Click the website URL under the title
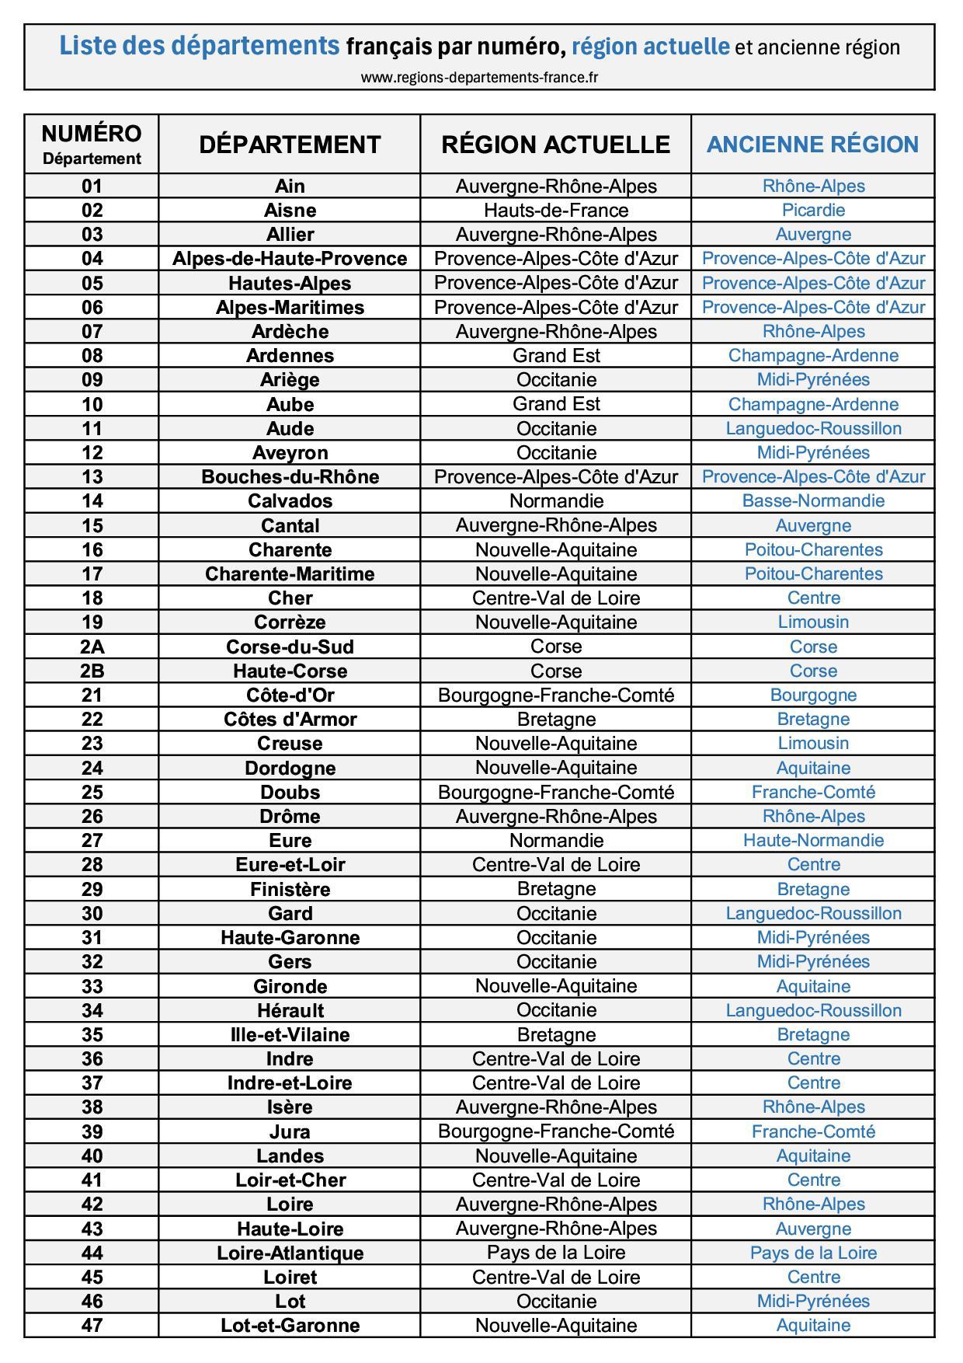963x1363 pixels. click(x=479, y=77)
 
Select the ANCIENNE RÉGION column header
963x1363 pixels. click(x=812, y=145)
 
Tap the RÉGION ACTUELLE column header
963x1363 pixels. click(x=555, y=145)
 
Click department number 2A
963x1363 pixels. click(x=92, y=647)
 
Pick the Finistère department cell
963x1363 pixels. click(x=290, y=889)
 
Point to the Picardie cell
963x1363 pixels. click(x=813, y=210)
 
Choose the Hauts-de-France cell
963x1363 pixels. click(x=555, y=210)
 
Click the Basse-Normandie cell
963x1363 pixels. click(x=813, y=500)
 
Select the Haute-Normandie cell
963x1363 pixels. click(x=813, y=840)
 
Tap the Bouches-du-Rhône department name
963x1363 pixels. click(x=290, y=476)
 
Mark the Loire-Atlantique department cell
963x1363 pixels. click(x=290, y=1253)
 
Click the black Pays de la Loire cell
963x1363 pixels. click(x=555, y=1253)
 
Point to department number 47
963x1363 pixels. click(x=92, y=1325)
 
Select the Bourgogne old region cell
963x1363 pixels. click(x=813, y=695)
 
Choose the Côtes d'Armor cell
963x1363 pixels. click(x=290, y=719)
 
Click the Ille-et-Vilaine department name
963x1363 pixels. click(x=290, y=1034)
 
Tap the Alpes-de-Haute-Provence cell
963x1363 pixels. click(x=290, y=258)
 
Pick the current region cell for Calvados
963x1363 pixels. click(x=555, y=500)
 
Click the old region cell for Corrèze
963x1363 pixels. click(x=813, y=622)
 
